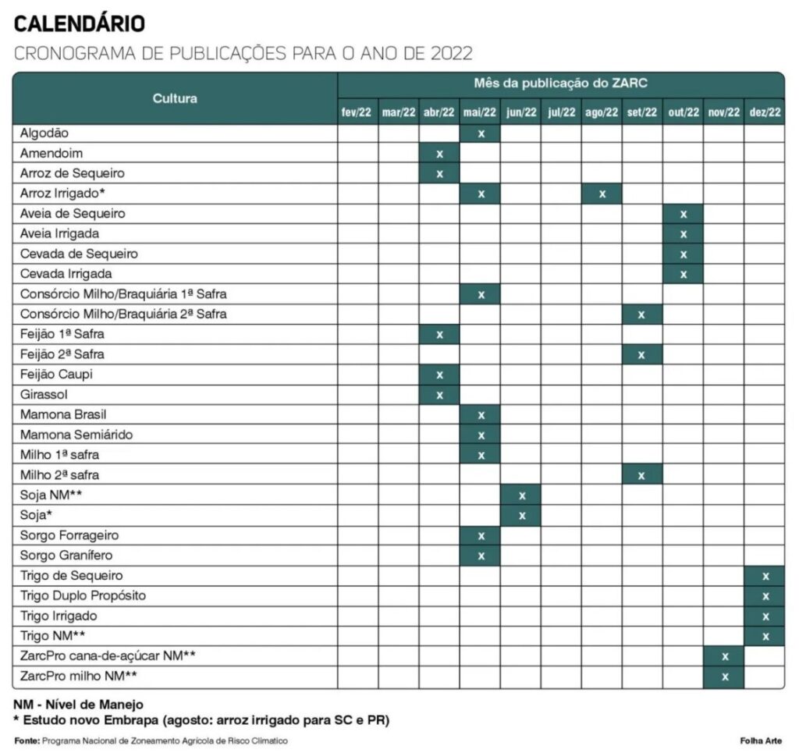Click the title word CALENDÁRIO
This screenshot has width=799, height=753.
coord(80,24)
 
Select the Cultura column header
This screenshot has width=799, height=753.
coord(175,98)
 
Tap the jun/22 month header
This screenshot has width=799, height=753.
coord(521,112)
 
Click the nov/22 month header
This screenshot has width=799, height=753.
coord(723,112)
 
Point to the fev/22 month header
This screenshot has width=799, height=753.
coord(357,112)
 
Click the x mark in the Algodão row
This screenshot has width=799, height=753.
coord(481,133)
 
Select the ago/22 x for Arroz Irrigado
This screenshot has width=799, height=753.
coord(602,194)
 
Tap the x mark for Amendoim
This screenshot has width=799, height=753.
coord(439,154)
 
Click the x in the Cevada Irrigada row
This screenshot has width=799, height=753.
coord(684,274)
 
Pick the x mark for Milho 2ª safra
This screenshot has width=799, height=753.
coord(641,475)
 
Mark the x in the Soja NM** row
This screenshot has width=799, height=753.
coord(522,495)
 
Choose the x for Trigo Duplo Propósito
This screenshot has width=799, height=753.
coord(765,596)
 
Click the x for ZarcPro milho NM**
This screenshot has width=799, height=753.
coord(724,677)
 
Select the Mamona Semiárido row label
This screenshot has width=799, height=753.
coord(76,435)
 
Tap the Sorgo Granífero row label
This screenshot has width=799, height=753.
coord(66,556)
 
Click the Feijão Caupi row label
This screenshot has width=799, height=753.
coord(56,375)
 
